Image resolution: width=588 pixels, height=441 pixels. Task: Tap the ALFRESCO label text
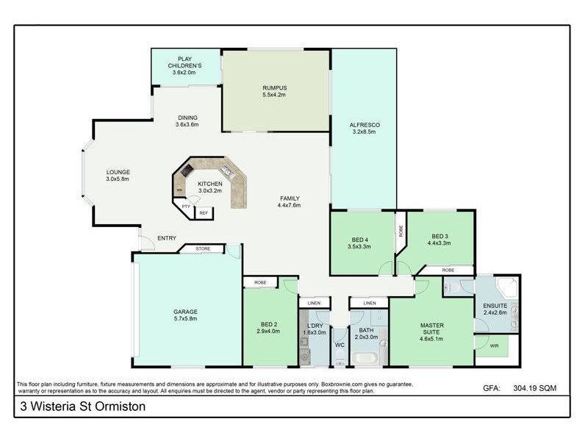364,125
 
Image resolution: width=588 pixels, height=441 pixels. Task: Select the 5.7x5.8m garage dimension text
185,320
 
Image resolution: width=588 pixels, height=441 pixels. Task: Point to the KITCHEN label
209,183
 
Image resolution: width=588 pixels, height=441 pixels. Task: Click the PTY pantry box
186,207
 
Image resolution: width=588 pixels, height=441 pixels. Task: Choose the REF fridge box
204,212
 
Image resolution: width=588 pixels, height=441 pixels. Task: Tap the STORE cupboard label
203,248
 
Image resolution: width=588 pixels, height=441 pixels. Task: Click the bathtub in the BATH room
365,359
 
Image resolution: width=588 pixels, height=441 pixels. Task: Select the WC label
340,344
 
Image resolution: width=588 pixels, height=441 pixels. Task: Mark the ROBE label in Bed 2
260,282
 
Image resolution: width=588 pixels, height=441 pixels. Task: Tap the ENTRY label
166,237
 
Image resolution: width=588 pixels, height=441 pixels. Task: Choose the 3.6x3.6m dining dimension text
187,125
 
